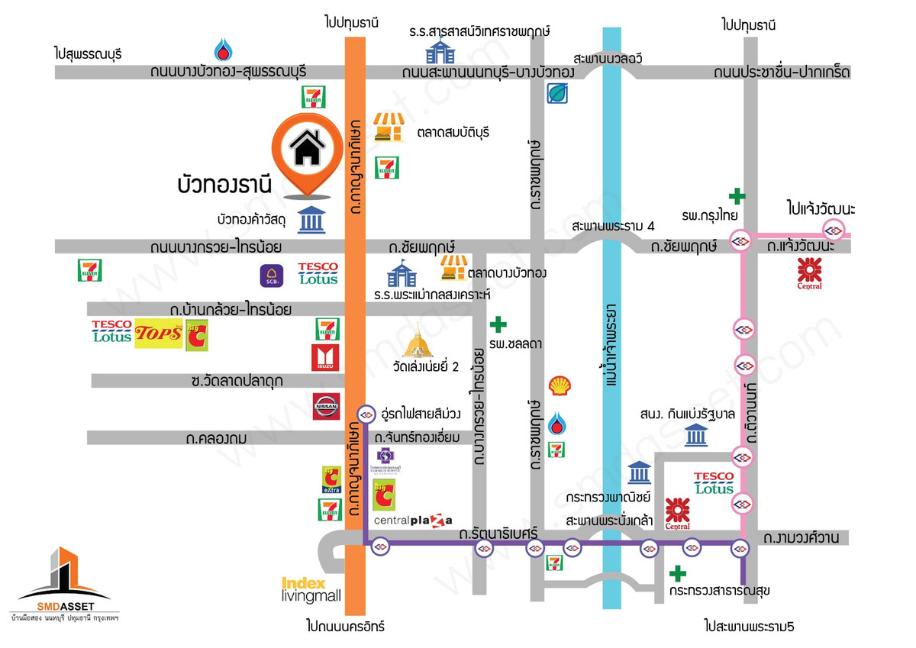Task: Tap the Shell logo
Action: point(560,386)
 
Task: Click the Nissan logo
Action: point(325,406)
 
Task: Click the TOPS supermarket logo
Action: point(159,334)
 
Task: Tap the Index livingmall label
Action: point(311,588)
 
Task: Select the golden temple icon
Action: point(417,341)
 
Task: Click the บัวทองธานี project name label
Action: point(224,184)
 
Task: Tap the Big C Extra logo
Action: point(331,479)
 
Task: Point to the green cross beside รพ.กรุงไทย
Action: point(736,196)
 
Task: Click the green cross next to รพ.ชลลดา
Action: point(498,324)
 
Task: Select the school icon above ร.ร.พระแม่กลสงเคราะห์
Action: point(402,272)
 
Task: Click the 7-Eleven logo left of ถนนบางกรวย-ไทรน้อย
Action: point(90,270)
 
